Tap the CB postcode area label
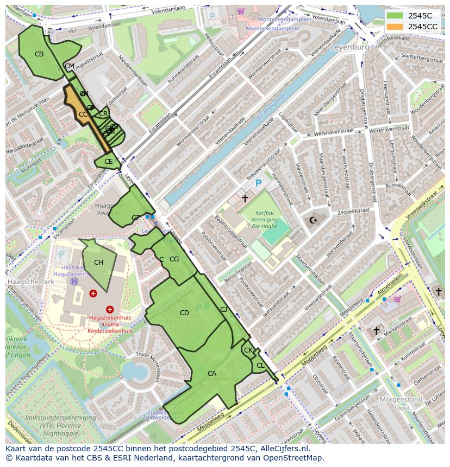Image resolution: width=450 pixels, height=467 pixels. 39,54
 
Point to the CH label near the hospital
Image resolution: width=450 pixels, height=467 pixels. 98,263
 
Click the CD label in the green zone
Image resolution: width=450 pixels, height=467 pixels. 184,313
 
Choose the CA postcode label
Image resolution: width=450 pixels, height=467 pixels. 212,374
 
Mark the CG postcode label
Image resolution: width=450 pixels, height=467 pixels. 174,259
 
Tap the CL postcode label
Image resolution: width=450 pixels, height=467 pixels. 260,366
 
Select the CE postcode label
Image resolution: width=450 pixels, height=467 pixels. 108,162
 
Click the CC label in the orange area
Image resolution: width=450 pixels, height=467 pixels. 83,114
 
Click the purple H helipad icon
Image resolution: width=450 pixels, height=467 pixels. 74,282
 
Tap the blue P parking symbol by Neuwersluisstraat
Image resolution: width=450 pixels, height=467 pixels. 258,184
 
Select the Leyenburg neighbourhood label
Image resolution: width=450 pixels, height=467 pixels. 350,47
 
